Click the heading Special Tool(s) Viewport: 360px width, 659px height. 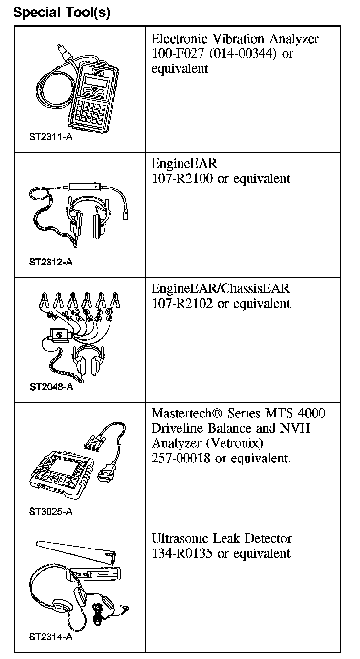pos(62,13)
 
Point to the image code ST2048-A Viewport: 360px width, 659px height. pos(51,387)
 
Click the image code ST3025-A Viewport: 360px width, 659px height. pos(51,512)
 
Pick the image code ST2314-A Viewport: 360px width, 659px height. pos(51,637)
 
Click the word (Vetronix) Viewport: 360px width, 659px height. pos(237,443)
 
